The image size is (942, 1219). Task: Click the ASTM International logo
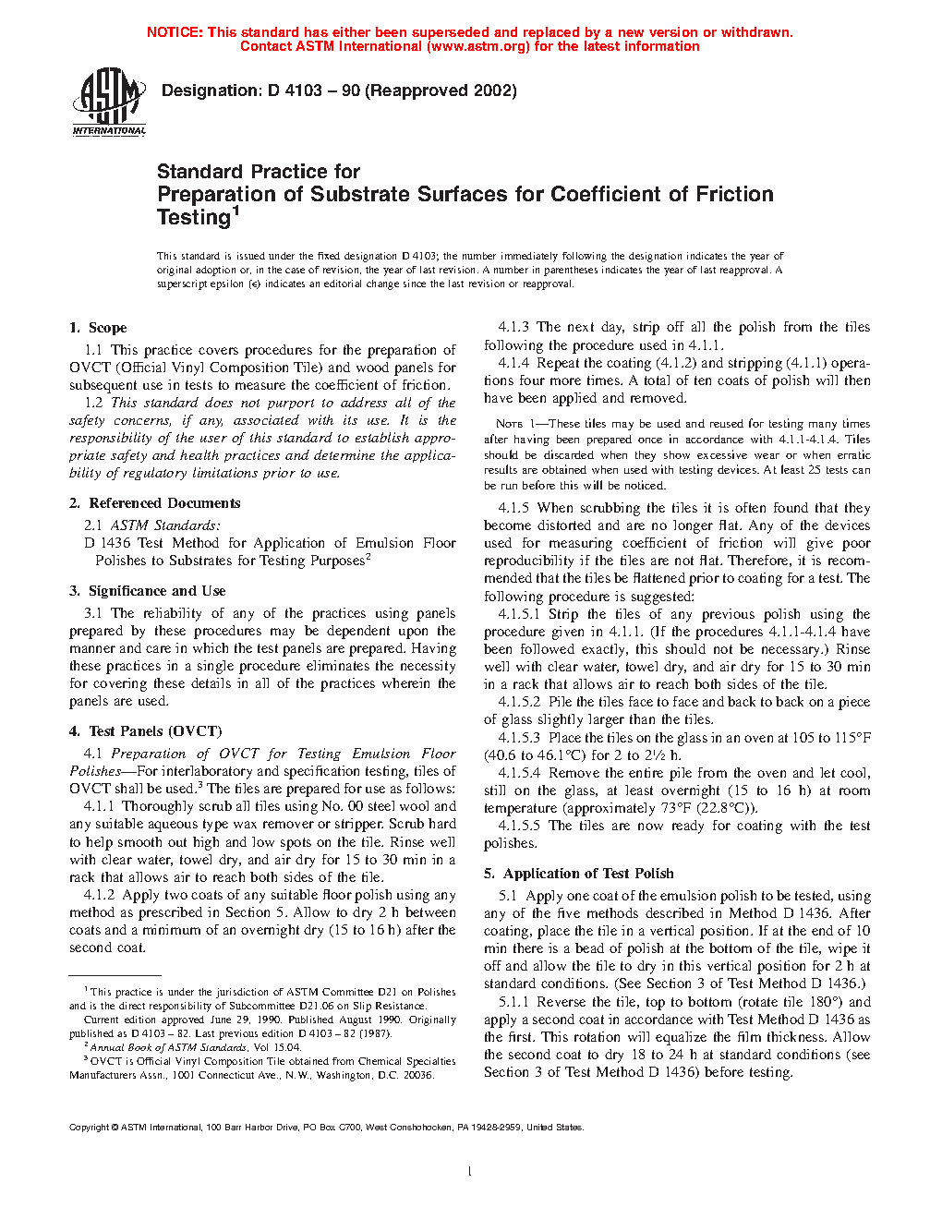(x=109, y=101)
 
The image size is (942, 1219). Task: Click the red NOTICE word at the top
(x=175, y=32)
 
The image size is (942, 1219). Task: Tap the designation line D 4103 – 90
(x=339, y=91)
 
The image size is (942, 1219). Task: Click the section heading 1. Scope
(x=98, y=328)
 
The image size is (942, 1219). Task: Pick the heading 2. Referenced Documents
(x=154, y=503)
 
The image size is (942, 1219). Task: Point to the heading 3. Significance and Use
(x=147, y=591)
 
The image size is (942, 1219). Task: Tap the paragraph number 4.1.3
(x=513, y=327)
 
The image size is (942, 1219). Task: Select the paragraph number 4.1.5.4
(x=519, y=773)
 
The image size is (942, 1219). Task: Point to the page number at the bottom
(x=470, y=1172)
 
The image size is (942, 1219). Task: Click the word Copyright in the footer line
(x=89, y=1127)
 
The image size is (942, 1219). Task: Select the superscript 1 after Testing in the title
(x=235, y=211)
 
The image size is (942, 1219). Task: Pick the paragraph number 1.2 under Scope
(x=93, y=403)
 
